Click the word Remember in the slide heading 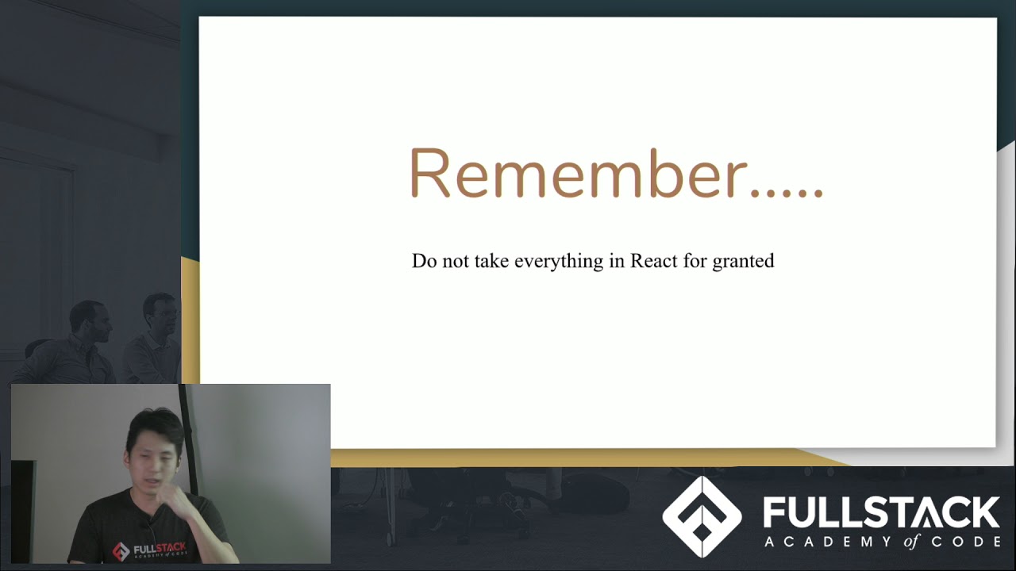tap(578, 174)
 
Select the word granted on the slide tap(743, 262)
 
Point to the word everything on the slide tap(559, 262)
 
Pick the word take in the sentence tap(491, 261)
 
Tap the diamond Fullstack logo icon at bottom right tap(702, 516)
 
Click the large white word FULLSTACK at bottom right tap(881, 513)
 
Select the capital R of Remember tap(429, 174)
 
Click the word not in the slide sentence tap(456, 261)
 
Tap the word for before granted tap(695, 261)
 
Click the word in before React tap(617, 261)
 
